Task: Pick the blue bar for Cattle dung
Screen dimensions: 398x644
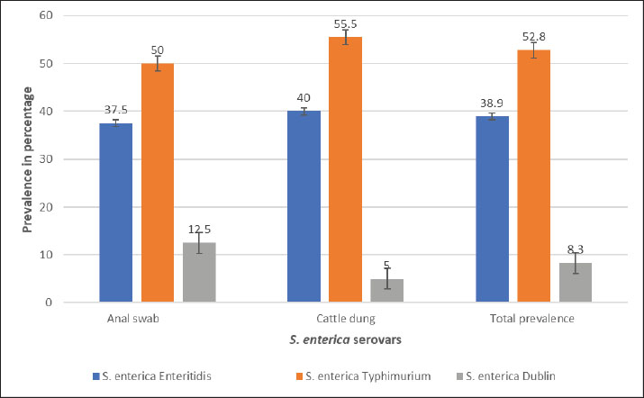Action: tap(304, 206)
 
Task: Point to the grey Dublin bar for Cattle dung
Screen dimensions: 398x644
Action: tap(387, 290)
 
